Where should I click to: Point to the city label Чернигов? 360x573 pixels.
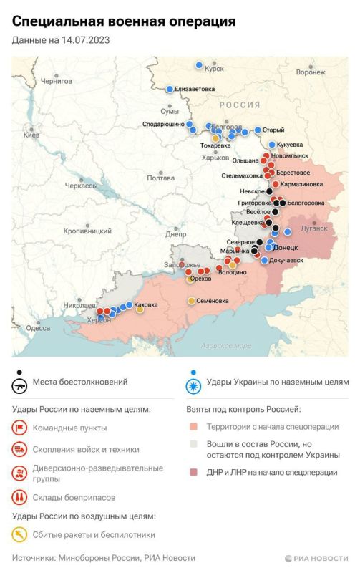point(57,82)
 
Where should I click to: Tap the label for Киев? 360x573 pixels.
point(32,135)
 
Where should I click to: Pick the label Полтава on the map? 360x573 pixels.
point(160,178)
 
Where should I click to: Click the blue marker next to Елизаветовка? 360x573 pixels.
point(170,90)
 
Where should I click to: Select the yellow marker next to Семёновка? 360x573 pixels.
point(191,300)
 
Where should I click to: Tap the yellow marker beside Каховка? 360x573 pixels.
point(140,309)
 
